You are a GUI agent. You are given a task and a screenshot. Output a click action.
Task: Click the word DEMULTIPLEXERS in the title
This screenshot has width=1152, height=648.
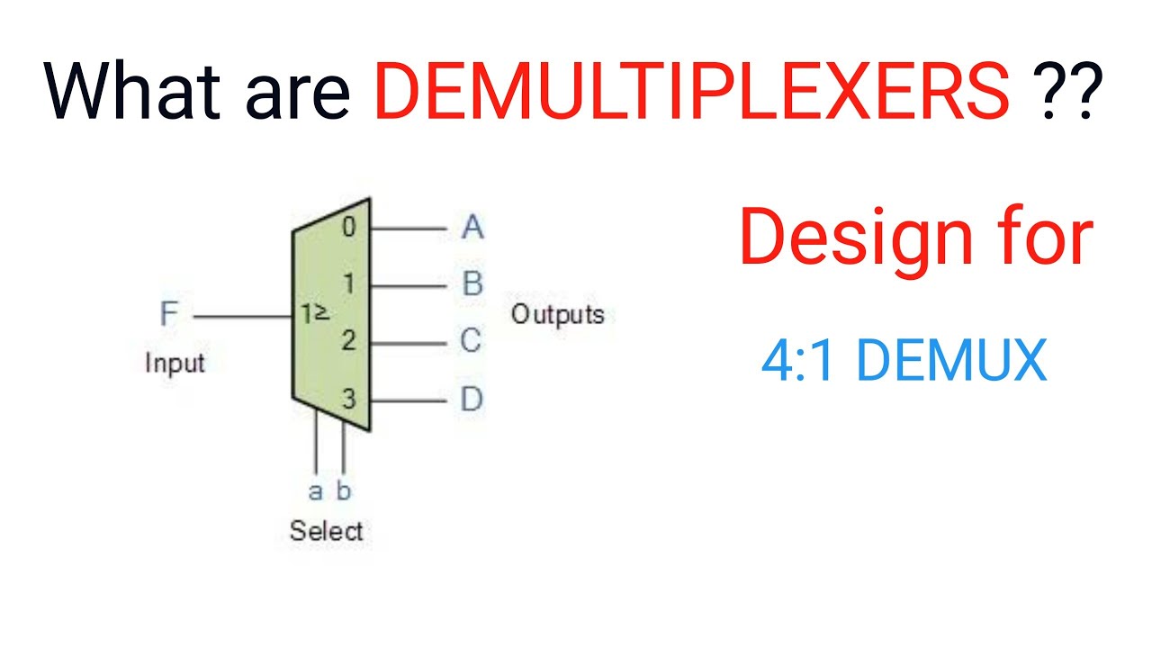coord(691,92)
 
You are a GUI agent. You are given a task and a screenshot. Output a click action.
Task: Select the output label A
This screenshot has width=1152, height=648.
coord(472,228)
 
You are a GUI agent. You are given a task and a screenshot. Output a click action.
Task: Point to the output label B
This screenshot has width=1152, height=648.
coord(472,284)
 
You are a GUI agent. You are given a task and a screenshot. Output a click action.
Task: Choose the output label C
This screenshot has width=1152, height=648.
coord(471,341)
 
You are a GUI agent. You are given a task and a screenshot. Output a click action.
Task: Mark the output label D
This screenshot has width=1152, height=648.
coord(472,399)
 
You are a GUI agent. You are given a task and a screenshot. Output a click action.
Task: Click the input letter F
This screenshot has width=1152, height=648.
coord(169,315)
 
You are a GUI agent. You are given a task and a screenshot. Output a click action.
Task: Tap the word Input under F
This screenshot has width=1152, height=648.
coord(175,364)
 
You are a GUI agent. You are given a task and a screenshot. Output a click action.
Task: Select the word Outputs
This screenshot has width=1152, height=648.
coord(557,315)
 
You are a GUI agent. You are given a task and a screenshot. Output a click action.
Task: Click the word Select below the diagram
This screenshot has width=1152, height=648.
coord(326,531)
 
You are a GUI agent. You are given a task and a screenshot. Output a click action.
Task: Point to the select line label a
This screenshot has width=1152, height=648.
coord(315,491)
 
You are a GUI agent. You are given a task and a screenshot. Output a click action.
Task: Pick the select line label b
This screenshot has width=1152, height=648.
coord(344,491)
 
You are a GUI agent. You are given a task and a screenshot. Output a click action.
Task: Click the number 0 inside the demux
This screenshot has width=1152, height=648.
coord(349,228)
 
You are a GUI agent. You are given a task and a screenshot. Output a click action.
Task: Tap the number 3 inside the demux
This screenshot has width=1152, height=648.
coord(349,399)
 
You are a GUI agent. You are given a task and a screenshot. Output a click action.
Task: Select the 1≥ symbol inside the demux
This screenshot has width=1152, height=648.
coord(314,315)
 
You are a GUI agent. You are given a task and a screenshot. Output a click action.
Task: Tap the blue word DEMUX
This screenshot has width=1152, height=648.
coord(951,362)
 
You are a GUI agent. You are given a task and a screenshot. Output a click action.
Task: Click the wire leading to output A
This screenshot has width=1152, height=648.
coord(407,229)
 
